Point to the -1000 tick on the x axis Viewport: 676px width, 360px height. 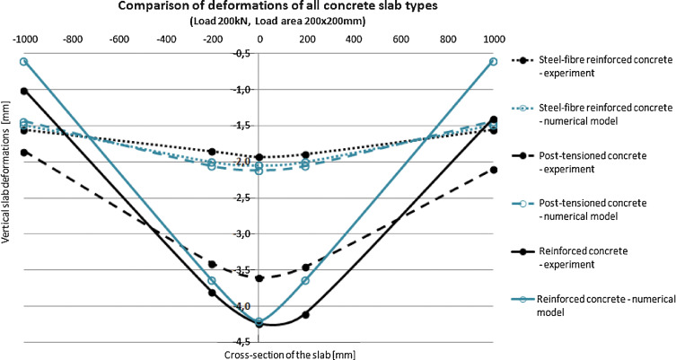tap(24, 40)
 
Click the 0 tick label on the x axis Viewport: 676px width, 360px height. tap(259, 40)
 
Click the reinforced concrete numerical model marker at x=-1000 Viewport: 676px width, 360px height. tap(24, 61)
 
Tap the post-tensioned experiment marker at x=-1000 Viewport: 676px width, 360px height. tap(24, 153)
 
